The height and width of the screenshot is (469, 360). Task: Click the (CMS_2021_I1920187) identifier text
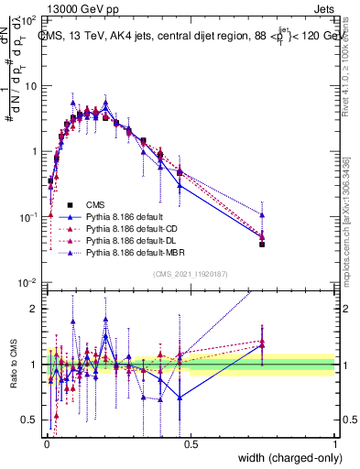[191, 274]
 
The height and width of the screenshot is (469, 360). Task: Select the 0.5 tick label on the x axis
[190, 442]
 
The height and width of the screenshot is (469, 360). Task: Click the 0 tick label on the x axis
[45, 442]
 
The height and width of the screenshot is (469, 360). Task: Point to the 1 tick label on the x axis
[334, 442]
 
